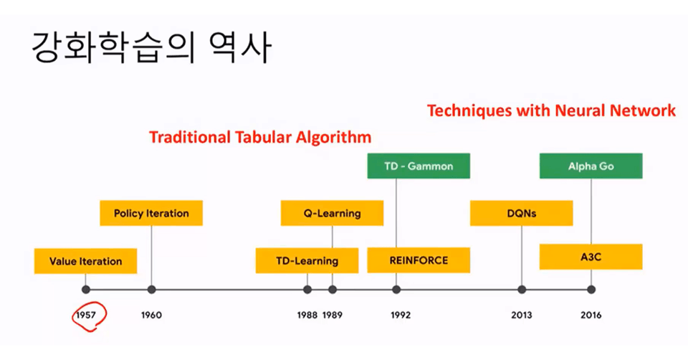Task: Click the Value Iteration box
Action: [85, 261]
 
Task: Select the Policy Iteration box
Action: [151, 214]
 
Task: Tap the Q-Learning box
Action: [332, 214]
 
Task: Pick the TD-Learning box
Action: [307, 261]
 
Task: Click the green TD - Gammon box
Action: [419, 166]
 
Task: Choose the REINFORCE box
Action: [419, 260]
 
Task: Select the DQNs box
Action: [521, 214]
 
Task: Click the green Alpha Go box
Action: [591, 166]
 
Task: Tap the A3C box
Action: [591, 257]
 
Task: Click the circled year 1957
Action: [85, 316]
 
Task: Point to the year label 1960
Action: [151, 316]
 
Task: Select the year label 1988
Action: [307, 316]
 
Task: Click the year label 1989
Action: [333, 316]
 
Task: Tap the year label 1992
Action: [401, 316]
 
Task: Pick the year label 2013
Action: [522, 316]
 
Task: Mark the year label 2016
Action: [591, 316]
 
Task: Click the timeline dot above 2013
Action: [522, 290]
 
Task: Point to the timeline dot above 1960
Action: [151, 290]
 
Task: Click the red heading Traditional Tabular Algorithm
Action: [260, 138]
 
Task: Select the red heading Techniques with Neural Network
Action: [552, 110]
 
